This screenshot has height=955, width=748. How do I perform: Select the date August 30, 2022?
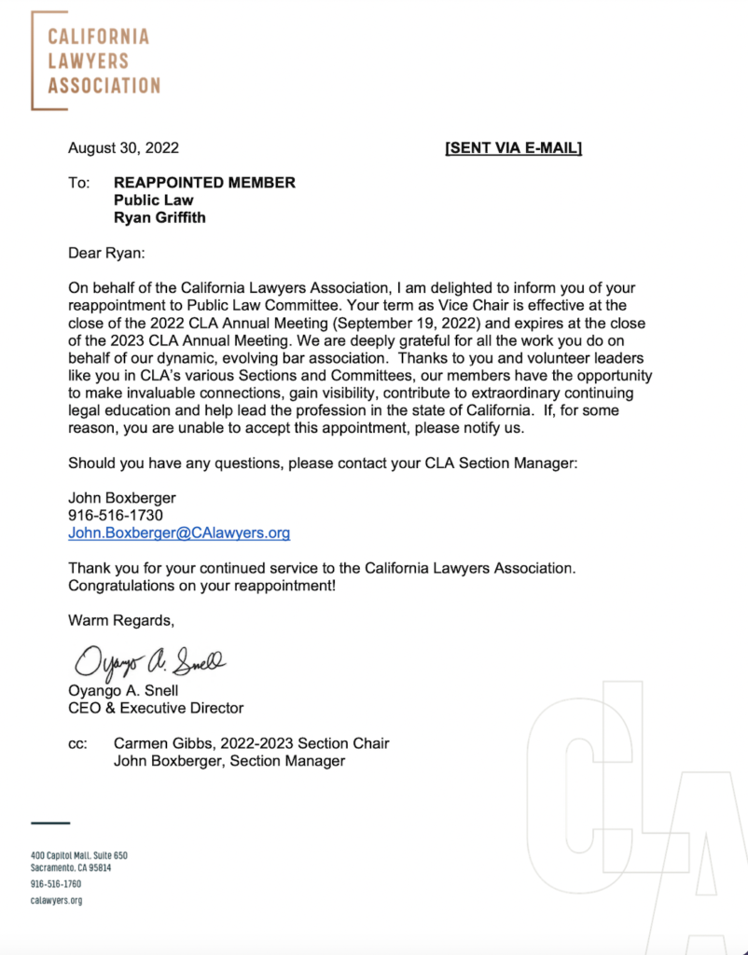pos(123,147)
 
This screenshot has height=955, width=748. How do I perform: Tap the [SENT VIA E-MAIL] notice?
pos(513,147)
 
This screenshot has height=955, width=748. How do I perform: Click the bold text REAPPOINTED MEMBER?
pos(204,183)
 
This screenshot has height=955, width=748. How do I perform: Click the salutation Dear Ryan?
pos(108,252)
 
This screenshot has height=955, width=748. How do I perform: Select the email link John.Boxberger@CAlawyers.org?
pos(179,533)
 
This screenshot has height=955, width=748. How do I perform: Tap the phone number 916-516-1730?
pos(116,516)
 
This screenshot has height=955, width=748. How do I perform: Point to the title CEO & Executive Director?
pos(156,708)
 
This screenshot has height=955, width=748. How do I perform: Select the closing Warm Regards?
pos(120,620)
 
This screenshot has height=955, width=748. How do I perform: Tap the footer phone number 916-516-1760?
pos(56,883)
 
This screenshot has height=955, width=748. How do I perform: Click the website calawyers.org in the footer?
pos(57,900)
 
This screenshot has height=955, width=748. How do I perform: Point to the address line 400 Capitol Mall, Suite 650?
pos(79,855)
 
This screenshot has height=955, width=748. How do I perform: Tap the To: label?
pos(79,183)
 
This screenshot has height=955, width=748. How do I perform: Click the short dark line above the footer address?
pos(50,823)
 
